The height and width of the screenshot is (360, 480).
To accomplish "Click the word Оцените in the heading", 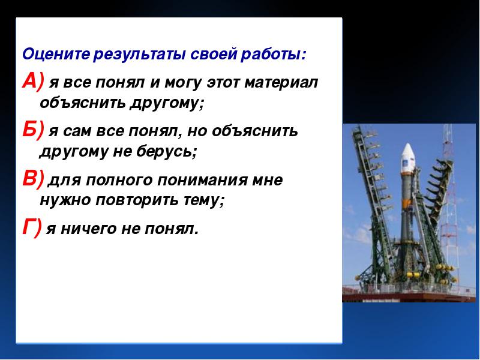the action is point(56,55).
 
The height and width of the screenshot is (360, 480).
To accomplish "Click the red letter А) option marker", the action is point(33,82).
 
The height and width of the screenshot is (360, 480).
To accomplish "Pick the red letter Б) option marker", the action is point(33,130).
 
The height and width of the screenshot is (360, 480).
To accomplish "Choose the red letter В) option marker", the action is point(33,178).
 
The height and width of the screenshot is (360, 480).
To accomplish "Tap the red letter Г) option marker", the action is point(32,228).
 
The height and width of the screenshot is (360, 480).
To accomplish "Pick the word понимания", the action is point(202,181).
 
